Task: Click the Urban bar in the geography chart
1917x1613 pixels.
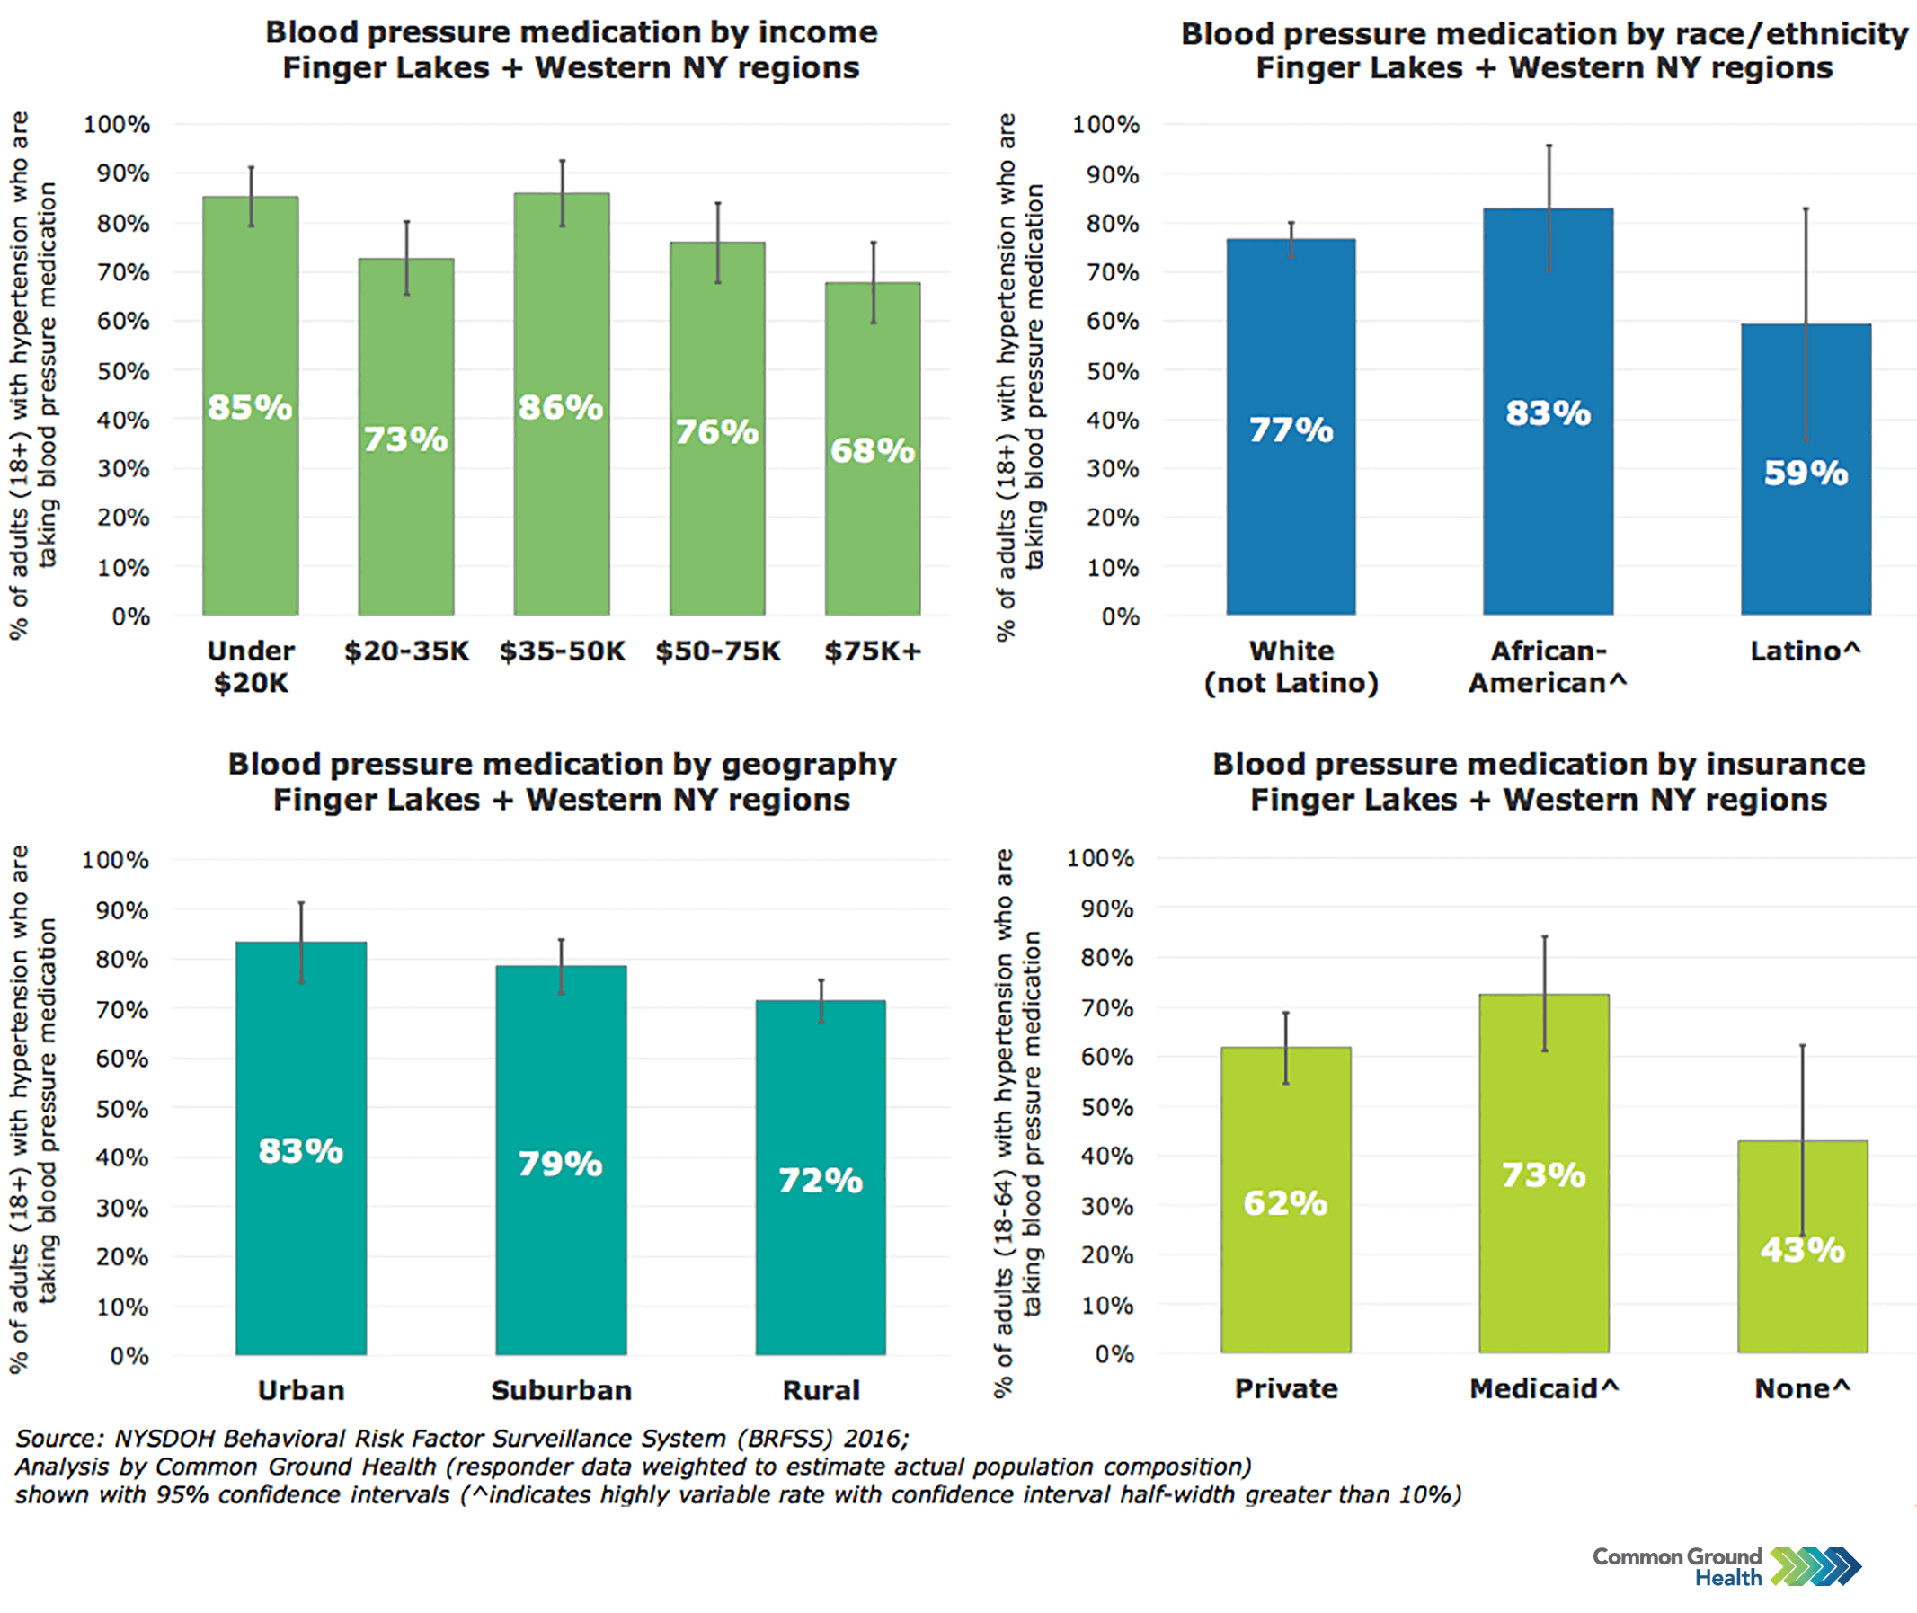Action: [301, 1235]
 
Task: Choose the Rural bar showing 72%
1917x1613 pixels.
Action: [821, 1262]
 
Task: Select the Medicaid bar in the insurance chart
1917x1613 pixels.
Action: [1544, 1262]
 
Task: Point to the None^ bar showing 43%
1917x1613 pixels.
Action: [1802, 1298]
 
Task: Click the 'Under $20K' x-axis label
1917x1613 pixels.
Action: [251, 667]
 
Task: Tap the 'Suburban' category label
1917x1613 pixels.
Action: [561, 1390]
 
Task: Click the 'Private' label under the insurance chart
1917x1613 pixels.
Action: [1286, 1388]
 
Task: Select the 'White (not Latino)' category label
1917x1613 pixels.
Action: [1291, 667]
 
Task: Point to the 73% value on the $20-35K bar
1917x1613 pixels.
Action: [406, 439]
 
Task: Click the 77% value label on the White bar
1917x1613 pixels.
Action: [1291, 430]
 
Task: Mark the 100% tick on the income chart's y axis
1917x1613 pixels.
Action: [117, 124]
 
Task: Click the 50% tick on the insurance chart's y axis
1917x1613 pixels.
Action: [1106, 1106]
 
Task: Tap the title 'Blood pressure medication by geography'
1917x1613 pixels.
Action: [562, 764]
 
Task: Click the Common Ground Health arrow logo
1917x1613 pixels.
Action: [1815, 1565]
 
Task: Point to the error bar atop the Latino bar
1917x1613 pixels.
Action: [1806, 274]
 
